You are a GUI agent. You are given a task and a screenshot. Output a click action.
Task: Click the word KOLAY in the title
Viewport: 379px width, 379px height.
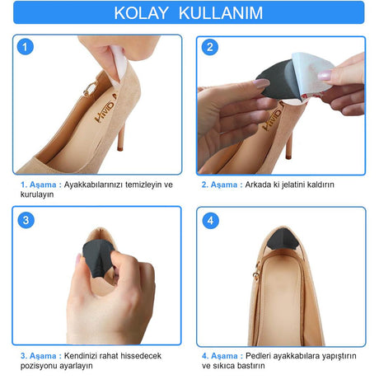click(141, 13)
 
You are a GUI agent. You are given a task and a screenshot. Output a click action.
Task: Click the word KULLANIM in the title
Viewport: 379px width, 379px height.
click(221, 13)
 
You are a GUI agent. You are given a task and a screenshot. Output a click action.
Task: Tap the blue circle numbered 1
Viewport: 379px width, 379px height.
click(26, 47)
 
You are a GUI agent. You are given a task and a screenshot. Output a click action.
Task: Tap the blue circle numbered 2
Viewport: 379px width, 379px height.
click(210, 47)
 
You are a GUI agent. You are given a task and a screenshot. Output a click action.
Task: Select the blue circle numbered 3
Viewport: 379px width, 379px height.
click(26, 220)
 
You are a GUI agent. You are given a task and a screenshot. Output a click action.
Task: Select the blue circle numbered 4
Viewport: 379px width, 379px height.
click(210, 221)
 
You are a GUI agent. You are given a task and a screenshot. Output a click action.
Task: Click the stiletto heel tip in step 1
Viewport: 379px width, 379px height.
click(120, 149)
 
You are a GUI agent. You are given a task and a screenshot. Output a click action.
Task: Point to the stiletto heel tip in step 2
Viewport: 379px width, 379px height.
click(288, 157)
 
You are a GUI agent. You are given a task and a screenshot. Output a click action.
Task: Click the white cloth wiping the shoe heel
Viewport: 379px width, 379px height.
click(118, 63)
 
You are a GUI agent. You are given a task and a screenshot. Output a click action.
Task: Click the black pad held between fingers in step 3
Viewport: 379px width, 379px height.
click(98, 258)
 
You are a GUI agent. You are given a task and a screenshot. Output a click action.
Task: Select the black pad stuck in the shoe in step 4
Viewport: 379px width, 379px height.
click(282, 239)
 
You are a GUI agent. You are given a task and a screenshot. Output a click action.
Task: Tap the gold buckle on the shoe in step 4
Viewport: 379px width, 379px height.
click(257, 272)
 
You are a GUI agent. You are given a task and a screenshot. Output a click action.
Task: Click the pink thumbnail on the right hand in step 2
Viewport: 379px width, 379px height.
click(325, 75)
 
